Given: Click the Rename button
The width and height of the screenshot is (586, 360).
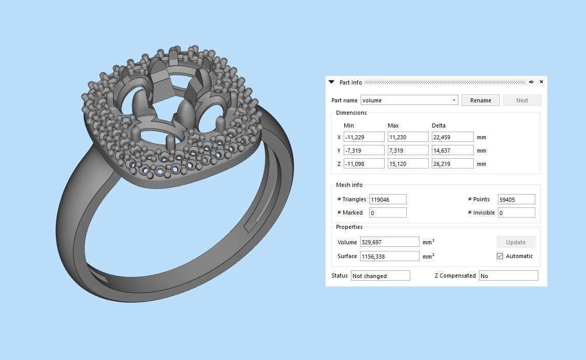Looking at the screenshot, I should [x=480, y=100].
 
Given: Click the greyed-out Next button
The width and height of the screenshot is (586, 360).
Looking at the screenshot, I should [x=522, y=100].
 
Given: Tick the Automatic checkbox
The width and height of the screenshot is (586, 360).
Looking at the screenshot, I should [x=500, y=256].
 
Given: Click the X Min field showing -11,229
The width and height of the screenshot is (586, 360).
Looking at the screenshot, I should [x=364, y=137].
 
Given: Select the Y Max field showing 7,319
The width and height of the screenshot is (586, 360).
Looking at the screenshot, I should [x=408, y=151].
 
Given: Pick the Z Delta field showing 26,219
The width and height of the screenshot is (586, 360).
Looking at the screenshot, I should [x=452, y=164].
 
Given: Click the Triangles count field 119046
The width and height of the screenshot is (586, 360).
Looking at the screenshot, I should [x=388, y=199].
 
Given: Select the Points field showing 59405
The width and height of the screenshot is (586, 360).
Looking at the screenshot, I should [x=516, y=199].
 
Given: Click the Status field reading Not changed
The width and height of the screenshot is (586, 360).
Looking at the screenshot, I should [x=380, y=276].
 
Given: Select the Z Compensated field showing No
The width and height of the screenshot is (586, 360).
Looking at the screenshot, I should [x=508, y=276].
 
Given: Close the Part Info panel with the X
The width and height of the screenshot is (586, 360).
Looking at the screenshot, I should [x=541, y=82].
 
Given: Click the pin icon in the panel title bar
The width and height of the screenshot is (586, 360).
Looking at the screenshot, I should [x=531, y=82].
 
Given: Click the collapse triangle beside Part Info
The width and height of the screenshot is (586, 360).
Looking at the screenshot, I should [x=331, y=82].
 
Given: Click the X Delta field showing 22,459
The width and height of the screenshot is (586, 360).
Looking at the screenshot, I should [x=452, y=137].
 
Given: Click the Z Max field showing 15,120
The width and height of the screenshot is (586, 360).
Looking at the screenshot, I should [x=408, y=164].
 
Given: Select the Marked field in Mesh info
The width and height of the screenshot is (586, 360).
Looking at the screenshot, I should [x=388, y=213].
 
